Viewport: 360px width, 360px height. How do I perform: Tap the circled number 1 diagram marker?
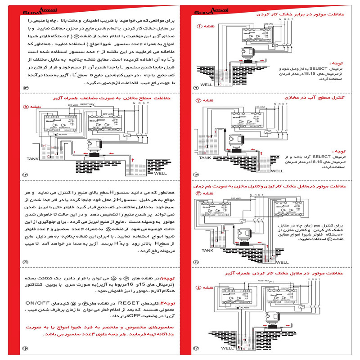click(200, 26)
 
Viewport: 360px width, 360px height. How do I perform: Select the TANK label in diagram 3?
click(207, 250)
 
